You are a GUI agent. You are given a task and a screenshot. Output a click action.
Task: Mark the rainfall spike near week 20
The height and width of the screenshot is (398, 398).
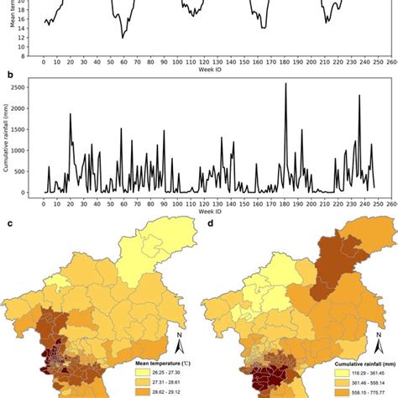click(71, 115)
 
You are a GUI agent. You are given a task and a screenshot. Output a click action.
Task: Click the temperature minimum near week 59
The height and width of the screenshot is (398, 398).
click(123, 38)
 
